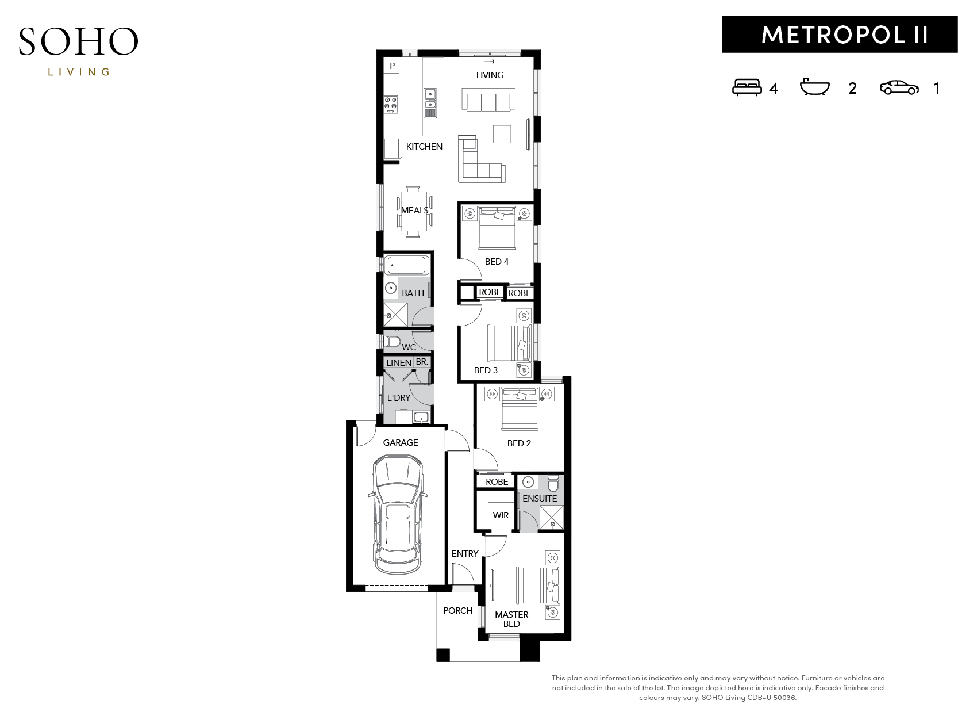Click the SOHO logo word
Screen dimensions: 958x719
(x=78, y=41)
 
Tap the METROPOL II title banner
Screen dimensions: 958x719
(x=839, y=35)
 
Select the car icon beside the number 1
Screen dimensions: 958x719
(x=899, y=87)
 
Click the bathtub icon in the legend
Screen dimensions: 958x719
(x=814, y=87)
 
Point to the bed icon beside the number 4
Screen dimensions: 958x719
(x=747, y=87)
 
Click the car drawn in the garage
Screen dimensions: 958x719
(x=398, y=514)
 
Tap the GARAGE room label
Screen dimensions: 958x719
(x=400, y=442)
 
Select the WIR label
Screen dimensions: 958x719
(x=500, y=515)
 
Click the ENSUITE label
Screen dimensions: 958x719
(x=540, y=498)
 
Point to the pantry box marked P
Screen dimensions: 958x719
(x=392, y=66)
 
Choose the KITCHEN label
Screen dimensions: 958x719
(x=424, y=146)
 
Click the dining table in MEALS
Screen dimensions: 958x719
(x=413, y=212)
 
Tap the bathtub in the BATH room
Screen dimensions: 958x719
(x=406, y=265)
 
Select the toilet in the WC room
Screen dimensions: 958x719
(x=391, y=341)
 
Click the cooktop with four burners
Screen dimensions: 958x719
(x=391, y=104)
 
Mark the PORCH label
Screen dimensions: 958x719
(x=457, y=610)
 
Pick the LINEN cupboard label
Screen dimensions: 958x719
(x=398, y=362)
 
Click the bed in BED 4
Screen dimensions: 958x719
(x=497, y=228)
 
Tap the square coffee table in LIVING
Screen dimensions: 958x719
(x=502, y=133)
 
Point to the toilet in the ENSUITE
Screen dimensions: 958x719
(x=552, y=484)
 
